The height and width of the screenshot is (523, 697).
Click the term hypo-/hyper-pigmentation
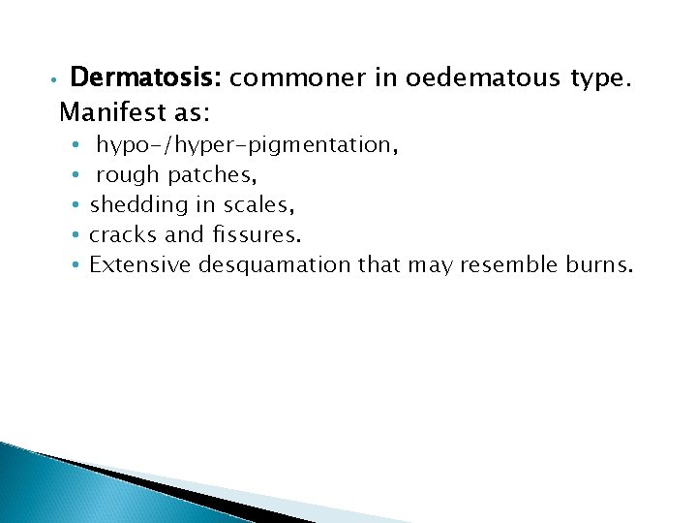click(x=246, y=146)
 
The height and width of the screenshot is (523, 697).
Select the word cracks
click(x=118, y=234)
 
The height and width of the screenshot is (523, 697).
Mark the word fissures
click(x=255, y=234)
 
